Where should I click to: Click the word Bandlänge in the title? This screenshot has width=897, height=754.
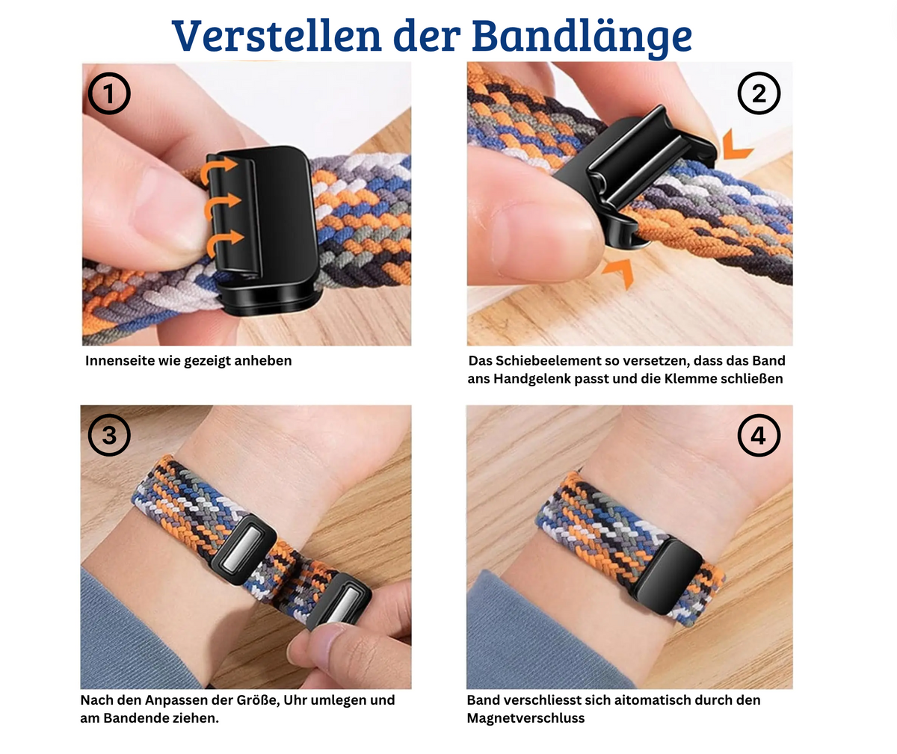point(582,38)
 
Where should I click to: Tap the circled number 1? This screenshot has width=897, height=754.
point(109,93)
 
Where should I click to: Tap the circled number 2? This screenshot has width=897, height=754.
point(759,93)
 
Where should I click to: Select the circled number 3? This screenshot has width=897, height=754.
point(109,434)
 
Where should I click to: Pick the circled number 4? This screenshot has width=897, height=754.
point(759,436)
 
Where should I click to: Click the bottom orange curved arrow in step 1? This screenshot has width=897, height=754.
point(224,242)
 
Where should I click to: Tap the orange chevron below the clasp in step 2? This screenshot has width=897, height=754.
point(620,271)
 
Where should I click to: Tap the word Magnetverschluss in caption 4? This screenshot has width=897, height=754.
point(525,718)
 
